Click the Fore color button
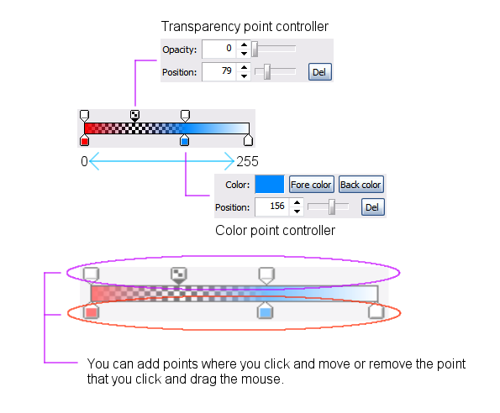tap(311, 185)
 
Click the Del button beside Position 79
tap(319, 72)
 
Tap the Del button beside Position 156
tap(372, 207)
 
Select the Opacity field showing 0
tap(219, 49)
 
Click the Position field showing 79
tap(219, 71)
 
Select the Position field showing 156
tap(272, 207)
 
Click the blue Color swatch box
tap(270, 184)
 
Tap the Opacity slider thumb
tap(255, 49)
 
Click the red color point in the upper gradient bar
tap(84, 140)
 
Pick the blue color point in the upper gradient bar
tap(184, 140)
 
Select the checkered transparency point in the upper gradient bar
tap(135, 115)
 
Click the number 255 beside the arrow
tap(247, 161)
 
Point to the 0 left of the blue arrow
tap(84, 161)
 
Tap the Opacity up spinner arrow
tap(244, 44)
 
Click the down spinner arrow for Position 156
tap(297, 212)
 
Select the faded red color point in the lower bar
tap(92, 311)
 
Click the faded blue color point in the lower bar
tap(265, 311)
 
